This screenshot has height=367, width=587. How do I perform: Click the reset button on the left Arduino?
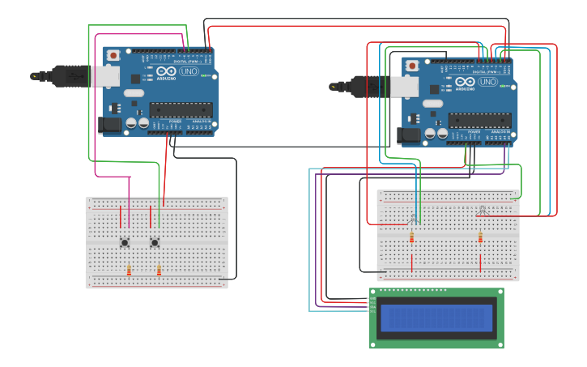pyautogui.click(x=113, y=55)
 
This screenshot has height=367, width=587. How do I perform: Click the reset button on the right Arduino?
pyautogui.click(x=413, y=66)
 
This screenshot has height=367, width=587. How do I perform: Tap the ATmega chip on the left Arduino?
pyautogui.click(x=181, y=110)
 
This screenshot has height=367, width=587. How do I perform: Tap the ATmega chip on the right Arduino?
pyautogui.click(x=479, y=121)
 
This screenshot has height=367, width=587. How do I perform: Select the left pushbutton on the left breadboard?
pyautogui.click(x=125, y=242)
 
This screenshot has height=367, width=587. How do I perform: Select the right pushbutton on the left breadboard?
pyautogui.click(x=155, y=242)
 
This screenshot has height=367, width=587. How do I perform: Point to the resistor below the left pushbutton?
pyautogui.click(x=129, y=270)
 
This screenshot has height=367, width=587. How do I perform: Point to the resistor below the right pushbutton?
pyautogui.click(x=159, y=270)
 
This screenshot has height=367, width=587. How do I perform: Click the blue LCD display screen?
pyautogui.click(x=436, y=318)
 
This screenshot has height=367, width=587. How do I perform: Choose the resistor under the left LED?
pyautogui.click(x=411, y=237)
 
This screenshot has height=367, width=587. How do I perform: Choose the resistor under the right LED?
pyautogui.click(x=480, y=237)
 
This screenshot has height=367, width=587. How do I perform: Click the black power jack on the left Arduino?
pyautogui.click(x=108, y=125)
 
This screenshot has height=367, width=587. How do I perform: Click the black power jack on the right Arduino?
pyautogui.click(x=409, y=135)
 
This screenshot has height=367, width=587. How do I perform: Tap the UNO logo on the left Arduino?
pyautogui.click(x=189, y=71)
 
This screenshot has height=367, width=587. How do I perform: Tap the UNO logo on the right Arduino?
pyautogui.click(x=488, y=82)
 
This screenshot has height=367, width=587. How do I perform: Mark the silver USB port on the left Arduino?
pyautogui.click(x=104, y=76)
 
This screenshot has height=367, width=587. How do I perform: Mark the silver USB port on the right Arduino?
pyautogui.click(x=404, y=87)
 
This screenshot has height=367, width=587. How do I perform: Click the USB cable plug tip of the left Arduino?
pyautogui.click(x=35, y=76)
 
